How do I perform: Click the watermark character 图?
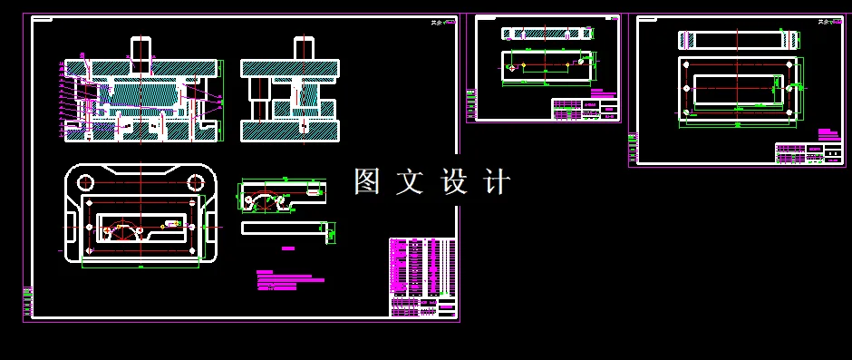[x=367, y=181]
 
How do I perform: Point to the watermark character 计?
[x=498, y=181]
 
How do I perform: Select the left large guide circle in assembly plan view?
[x=84, y=180]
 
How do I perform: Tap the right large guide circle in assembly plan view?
[x=193, y=180]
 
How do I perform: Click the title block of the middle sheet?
[x=585, y=109]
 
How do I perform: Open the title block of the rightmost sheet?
[x=808, y=152]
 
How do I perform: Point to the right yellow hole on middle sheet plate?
[x=581, y=64]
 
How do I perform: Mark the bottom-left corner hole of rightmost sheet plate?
[x=687, y=112]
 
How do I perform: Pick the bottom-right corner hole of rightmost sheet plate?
[x=789, y=112]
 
